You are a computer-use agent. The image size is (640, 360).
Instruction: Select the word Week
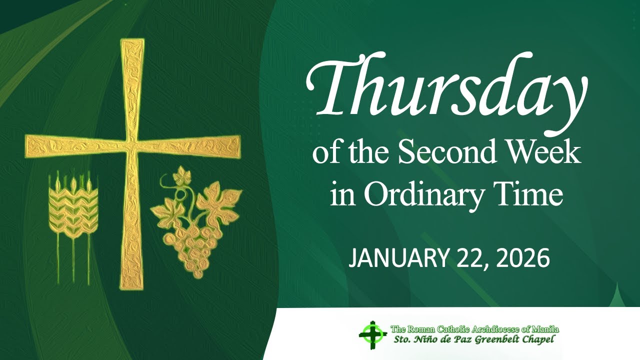tap(549, 154)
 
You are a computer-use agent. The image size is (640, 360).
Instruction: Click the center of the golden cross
tap(132, 145)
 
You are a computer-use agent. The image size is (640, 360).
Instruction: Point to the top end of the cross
tap(132, 42)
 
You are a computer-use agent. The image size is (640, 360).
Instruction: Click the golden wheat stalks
tap(73, 210)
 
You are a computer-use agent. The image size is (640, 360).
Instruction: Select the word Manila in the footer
tap(546, 329)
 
